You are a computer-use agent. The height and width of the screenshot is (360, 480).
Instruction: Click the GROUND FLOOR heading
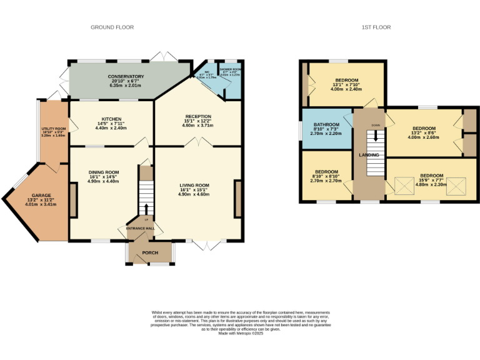pos(112,27)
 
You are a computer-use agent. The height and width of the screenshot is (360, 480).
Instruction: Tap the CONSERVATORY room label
pos(127,77)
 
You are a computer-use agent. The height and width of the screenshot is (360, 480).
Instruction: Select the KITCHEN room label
pos(111,119)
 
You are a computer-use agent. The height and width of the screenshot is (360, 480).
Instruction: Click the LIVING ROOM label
pos(194,185)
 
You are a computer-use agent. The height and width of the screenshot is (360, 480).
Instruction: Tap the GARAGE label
pos(42,195)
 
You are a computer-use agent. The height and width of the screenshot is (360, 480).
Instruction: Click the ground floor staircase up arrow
pos(147,208)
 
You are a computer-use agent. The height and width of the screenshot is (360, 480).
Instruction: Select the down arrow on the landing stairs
pos(376,133)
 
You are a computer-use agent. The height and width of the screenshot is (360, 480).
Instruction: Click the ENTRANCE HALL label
pos(140,229)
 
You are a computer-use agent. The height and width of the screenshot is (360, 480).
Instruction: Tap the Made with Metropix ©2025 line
pos(241,333)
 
